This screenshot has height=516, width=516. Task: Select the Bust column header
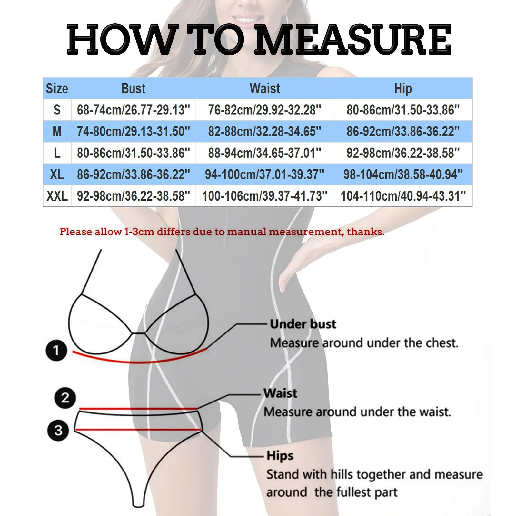pyautogui.click(x=133, y=88)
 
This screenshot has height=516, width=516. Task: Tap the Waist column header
pyautogui.click(x=265, y=88)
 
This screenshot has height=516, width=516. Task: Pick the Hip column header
pyautogui.click(x=403, y=88)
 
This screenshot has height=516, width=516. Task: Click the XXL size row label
pyautogui.click(x=57, y=196)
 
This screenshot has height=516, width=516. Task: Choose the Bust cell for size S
pyautogui.click(x=133, y=110)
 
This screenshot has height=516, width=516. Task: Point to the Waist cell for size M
pyautogui.click(x=265, y=132)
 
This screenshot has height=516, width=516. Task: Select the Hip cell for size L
pyautogui.click(x=403, y=153)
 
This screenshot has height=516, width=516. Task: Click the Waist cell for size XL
pyautogui.click(x=265, y=174)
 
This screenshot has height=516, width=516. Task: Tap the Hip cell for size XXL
pyautogui.click(x=403, y=196)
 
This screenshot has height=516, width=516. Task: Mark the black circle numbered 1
pyautogui.click(x=56, y=350)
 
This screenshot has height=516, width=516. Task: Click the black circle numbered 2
pyautogui.click(x=65, y=398)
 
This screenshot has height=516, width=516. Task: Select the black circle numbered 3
pyautogui.click(x=58, y=430)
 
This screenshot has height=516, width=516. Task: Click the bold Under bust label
pyautogui.click(x=303, y=324)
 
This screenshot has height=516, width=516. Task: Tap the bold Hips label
pyautogui.click(x=280, y=456)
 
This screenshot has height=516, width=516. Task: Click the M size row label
pyautogui.click(x=57, y=132)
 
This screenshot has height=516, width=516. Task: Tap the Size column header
pyautogui.click(x=57, y=88)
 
